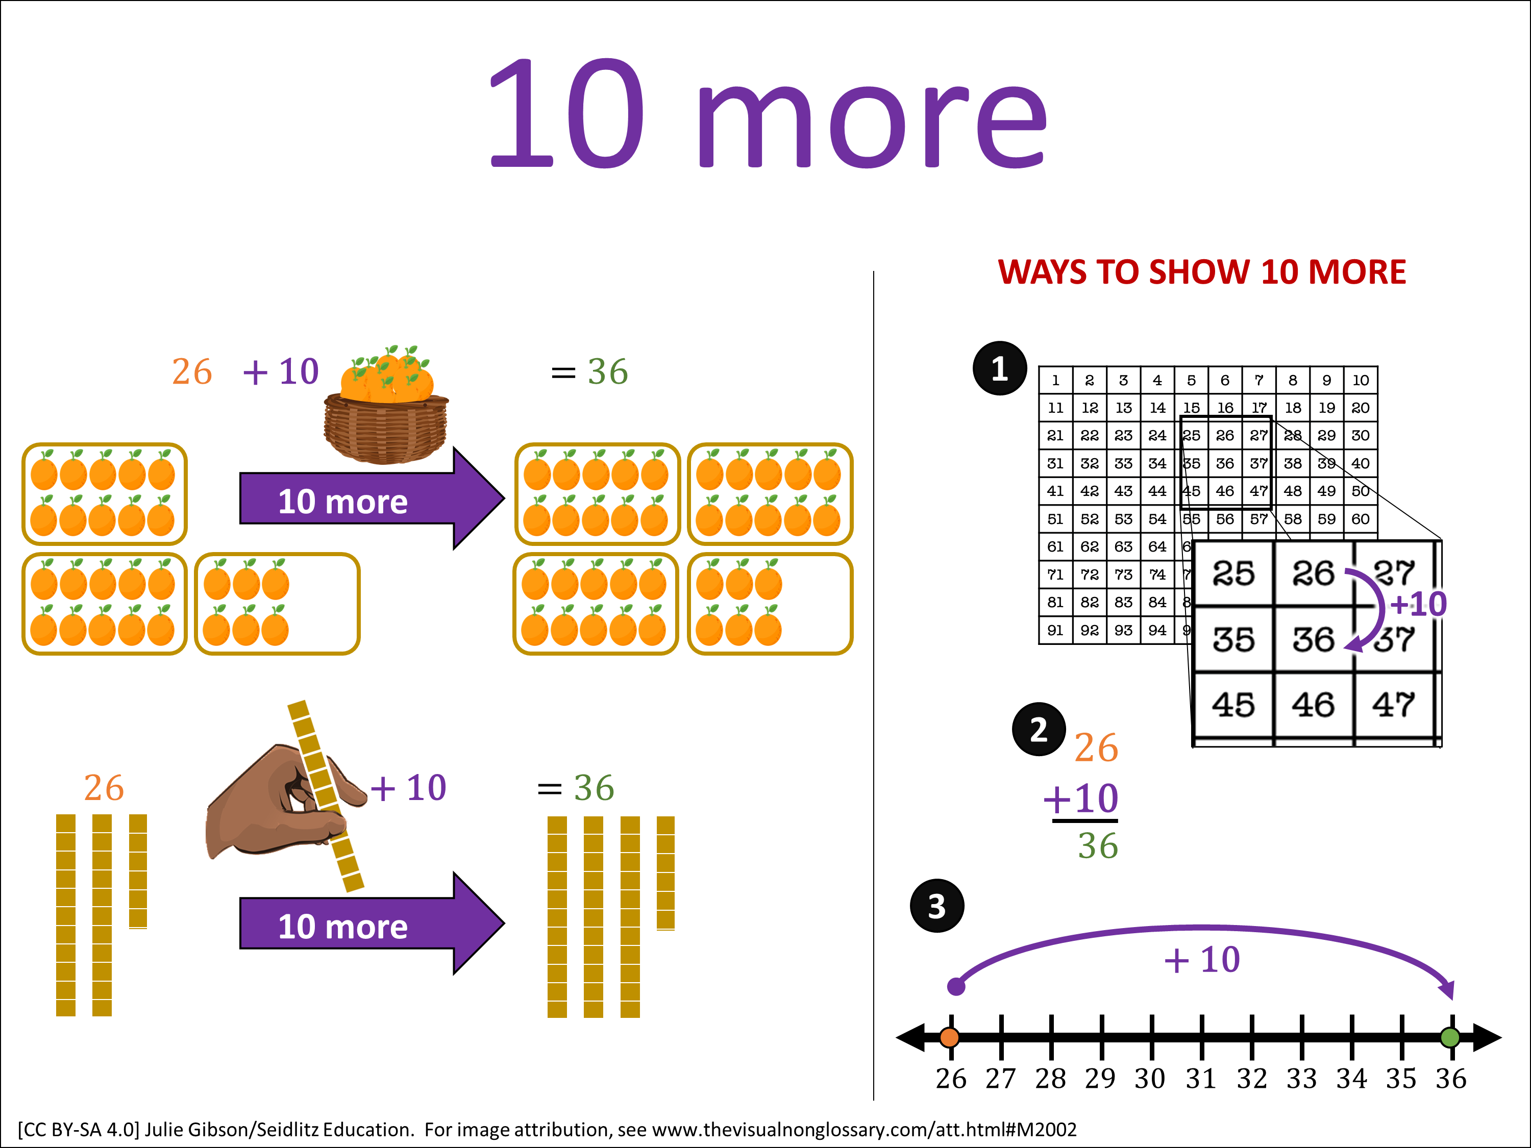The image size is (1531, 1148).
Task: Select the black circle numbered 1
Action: tap(999, 368)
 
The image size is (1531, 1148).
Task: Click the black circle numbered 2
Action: tap(1038, 729)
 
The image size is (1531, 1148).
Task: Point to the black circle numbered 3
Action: tap(936, 906)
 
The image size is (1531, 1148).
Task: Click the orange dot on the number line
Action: tap(950, 1037)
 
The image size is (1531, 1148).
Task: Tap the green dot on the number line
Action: tap(1449, 1037)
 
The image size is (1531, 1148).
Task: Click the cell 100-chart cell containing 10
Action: tap(1360, 380)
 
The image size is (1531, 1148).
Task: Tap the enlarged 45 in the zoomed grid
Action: tap(1232, 705)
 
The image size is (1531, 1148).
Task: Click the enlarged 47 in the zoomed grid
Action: tap(1393, 705)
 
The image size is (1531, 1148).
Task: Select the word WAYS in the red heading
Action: tap(1042, 272)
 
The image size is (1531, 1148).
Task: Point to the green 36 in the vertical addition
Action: tap(1098, 845)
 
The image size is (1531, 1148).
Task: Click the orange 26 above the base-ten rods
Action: tap(104, 787)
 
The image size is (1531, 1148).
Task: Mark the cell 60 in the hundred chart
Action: tap(1360, 519)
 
